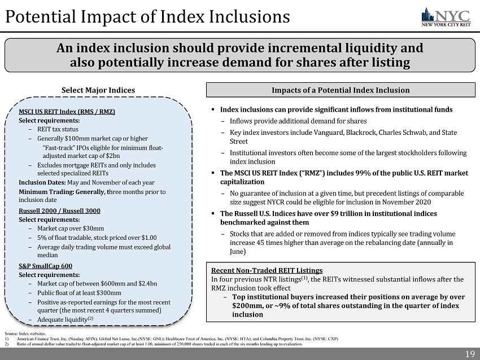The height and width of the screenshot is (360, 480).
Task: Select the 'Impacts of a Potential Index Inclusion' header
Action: pos(341,90)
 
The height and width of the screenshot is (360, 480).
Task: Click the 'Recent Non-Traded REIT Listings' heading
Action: pos(267,270)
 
